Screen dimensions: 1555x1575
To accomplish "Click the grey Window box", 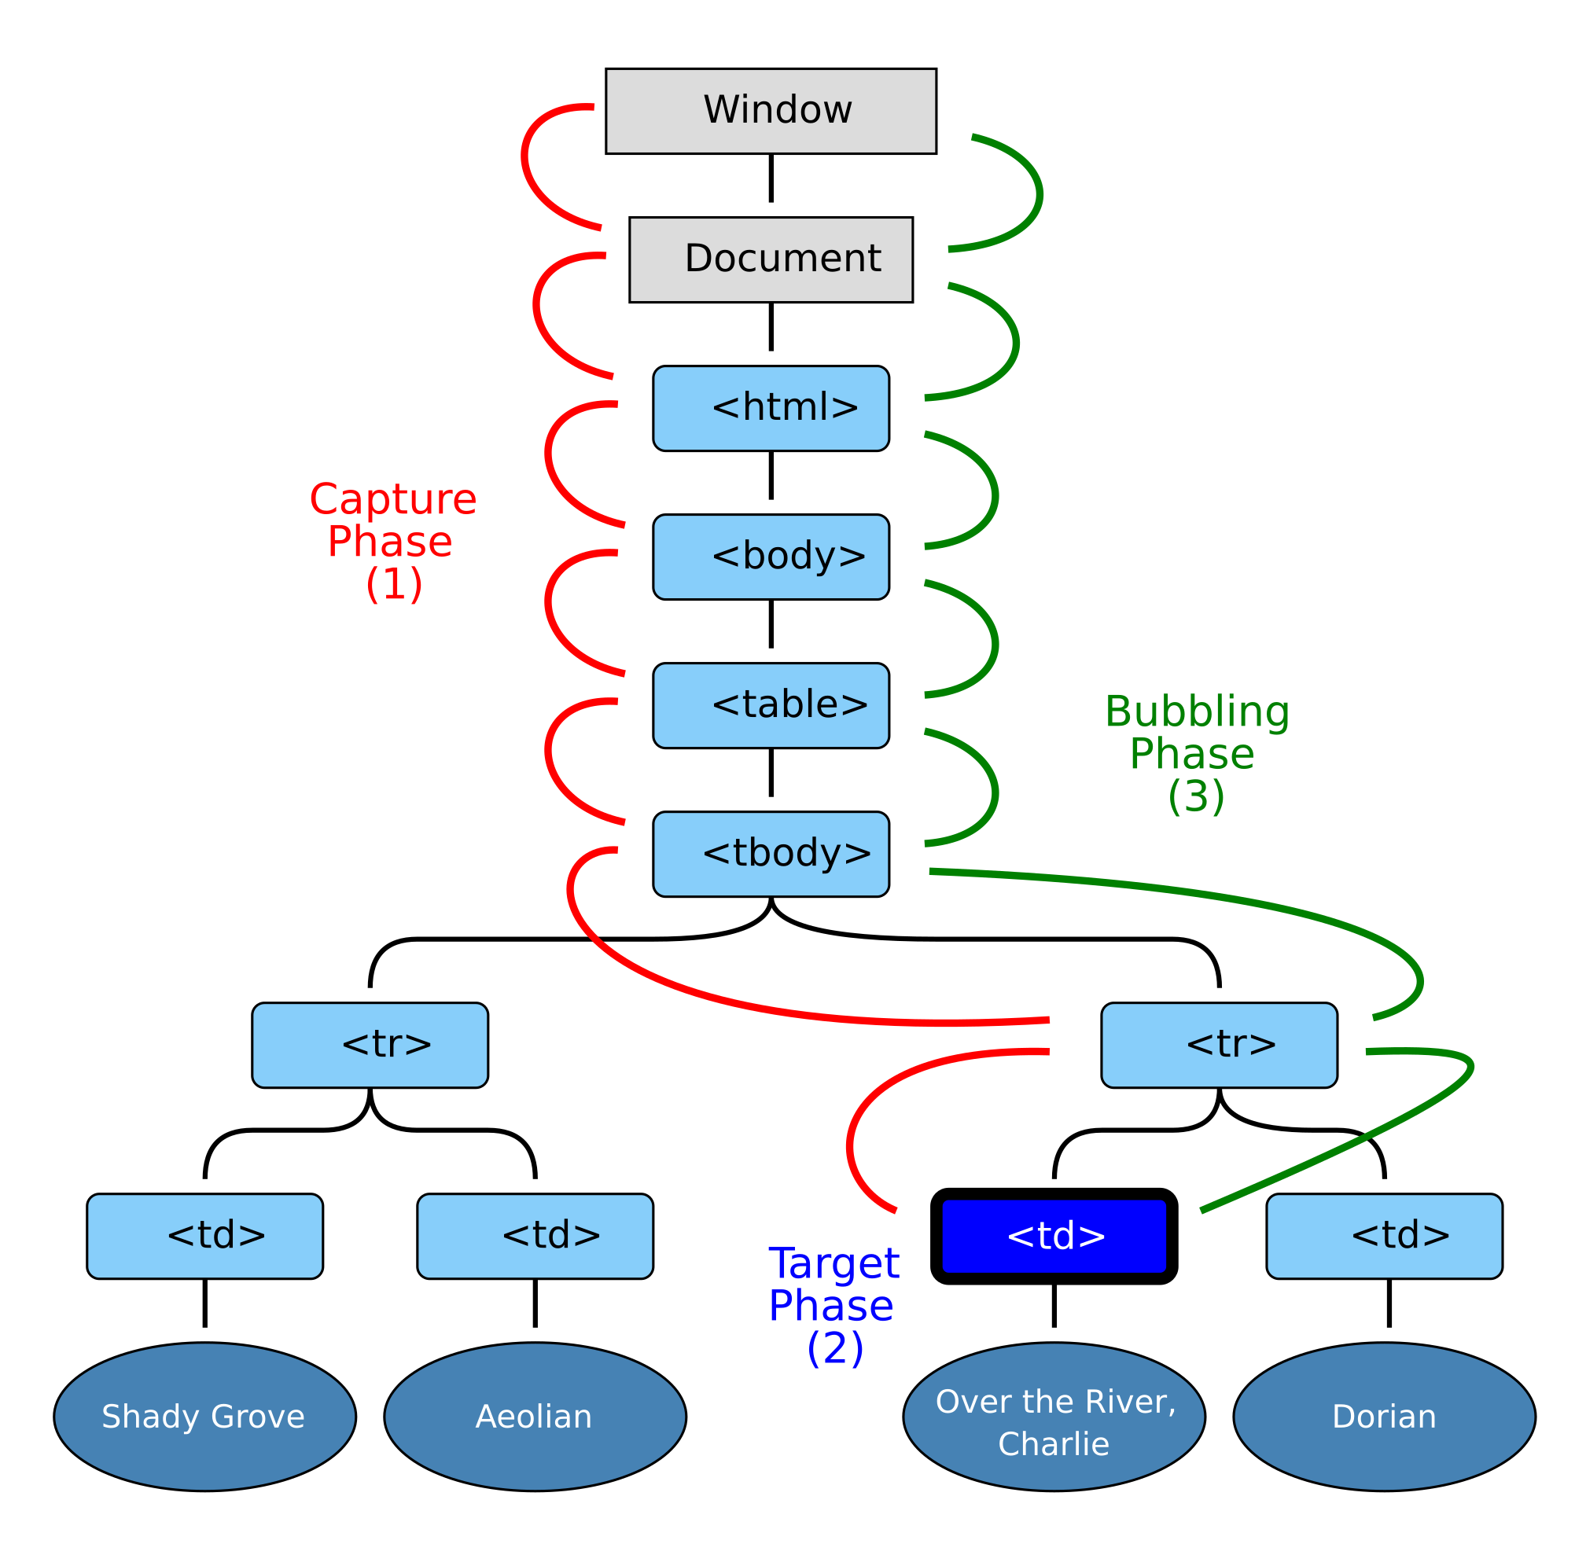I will pyautogui.click(x=771, y=111).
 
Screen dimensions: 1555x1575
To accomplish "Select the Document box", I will pyautogui.click(x=771, y=259).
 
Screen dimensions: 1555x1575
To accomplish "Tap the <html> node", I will pyautogui.click(x=771, y=407).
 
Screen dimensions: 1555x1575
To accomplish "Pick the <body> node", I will pyautogui.click(x=771, y=557).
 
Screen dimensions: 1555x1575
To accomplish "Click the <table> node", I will pyautogui.click(x=771, y=705).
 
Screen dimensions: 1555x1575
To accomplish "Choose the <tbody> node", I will pyautogui.click(x=771, y=853).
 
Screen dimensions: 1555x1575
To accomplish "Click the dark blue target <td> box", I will pyautogui.click(x=1053, y=1236).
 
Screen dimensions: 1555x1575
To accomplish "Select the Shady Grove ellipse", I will pyautogui.click(x=204, y=1417).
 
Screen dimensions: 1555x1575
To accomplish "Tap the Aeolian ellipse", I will pyautogui.click(x=535, y=1417).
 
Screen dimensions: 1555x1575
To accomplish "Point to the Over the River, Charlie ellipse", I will pyautogui.click(x=1053, y=1417).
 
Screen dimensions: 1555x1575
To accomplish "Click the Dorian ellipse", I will pyautogui.click(x=1383, y=1417).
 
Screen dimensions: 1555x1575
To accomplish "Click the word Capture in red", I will pyautogui.click(x=393, y=499).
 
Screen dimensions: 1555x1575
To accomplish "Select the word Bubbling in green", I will pyautogui.click(x=1197, y=711).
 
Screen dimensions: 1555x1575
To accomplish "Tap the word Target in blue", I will pyautogui.click(x=833, y=1264).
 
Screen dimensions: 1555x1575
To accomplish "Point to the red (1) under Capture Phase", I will pyautogui.click(x=394, y=584).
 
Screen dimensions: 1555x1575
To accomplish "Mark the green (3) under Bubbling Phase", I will pyautogui.click(x=1196, y=796).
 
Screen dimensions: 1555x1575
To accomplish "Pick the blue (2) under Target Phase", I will pyautogui.click(x=835, y=1349).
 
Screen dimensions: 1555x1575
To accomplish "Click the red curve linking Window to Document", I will pyautogui.click(x=525, y=163).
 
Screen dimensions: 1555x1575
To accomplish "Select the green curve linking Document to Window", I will pyautogui.click(x=1040, y=193).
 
